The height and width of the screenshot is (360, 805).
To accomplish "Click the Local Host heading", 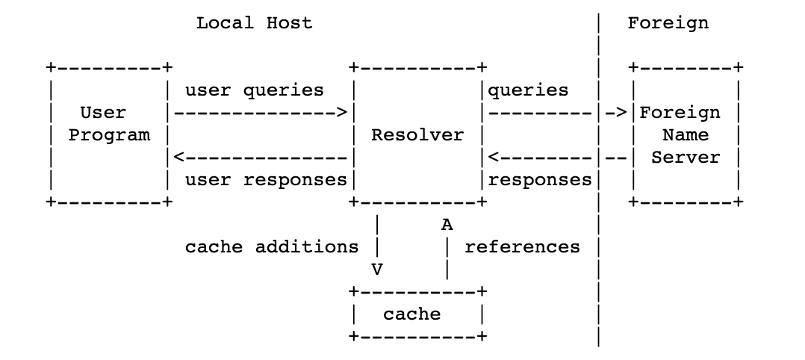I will click(x=254, y=23).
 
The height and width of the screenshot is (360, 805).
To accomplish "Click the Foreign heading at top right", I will click(x=668, y=23).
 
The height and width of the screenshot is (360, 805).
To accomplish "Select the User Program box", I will click(x=109, y=134).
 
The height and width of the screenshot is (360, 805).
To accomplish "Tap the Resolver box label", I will click(x=417, y=135).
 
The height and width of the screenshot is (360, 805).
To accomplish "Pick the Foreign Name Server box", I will click(x=685, y=134).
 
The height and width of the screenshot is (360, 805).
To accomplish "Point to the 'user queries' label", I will click(x=254, y=90).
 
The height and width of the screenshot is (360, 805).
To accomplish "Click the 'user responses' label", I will click(x=265, y=180).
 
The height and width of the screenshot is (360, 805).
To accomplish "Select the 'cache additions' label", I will click(x=271, y=247).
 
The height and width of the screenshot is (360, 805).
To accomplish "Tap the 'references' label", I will click(x=522, y=247).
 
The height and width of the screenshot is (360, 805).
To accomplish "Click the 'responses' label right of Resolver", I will click(x=539, y=180).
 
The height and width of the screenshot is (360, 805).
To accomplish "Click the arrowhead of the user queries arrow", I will click(x=342, y=113).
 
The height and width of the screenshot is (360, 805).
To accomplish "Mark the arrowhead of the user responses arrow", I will click(x=178, y=158).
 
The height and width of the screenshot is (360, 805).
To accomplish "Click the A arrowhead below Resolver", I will click(x=447, y=224).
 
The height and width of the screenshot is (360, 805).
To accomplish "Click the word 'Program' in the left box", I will click(x=109, y=135).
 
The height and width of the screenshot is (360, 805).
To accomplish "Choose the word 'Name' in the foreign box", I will click(x=685, y=135).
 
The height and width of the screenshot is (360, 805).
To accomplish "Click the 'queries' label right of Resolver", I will click(x=528, y=90).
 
